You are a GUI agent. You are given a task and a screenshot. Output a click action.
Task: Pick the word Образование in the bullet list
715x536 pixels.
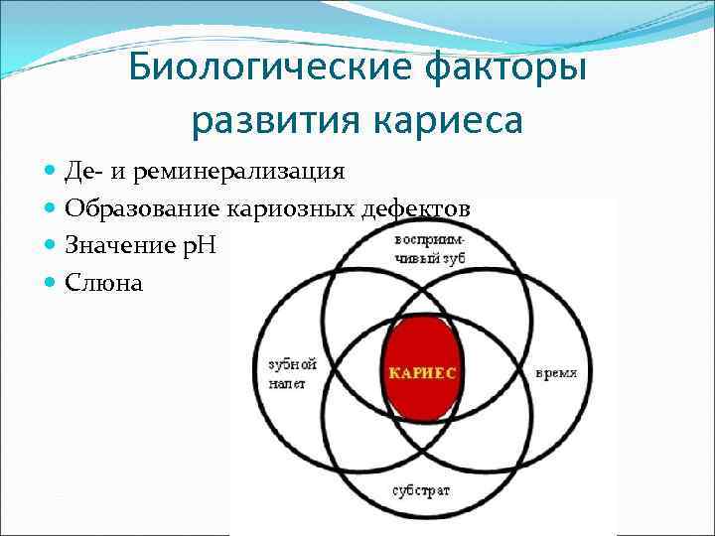143,209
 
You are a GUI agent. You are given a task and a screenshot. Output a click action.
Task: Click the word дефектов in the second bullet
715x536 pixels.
421,209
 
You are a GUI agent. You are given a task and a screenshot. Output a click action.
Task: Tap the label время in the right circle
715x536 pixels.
556,373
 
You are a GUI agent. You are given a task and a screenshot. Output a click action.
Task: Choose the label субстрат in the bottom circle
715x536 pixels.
420,490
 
